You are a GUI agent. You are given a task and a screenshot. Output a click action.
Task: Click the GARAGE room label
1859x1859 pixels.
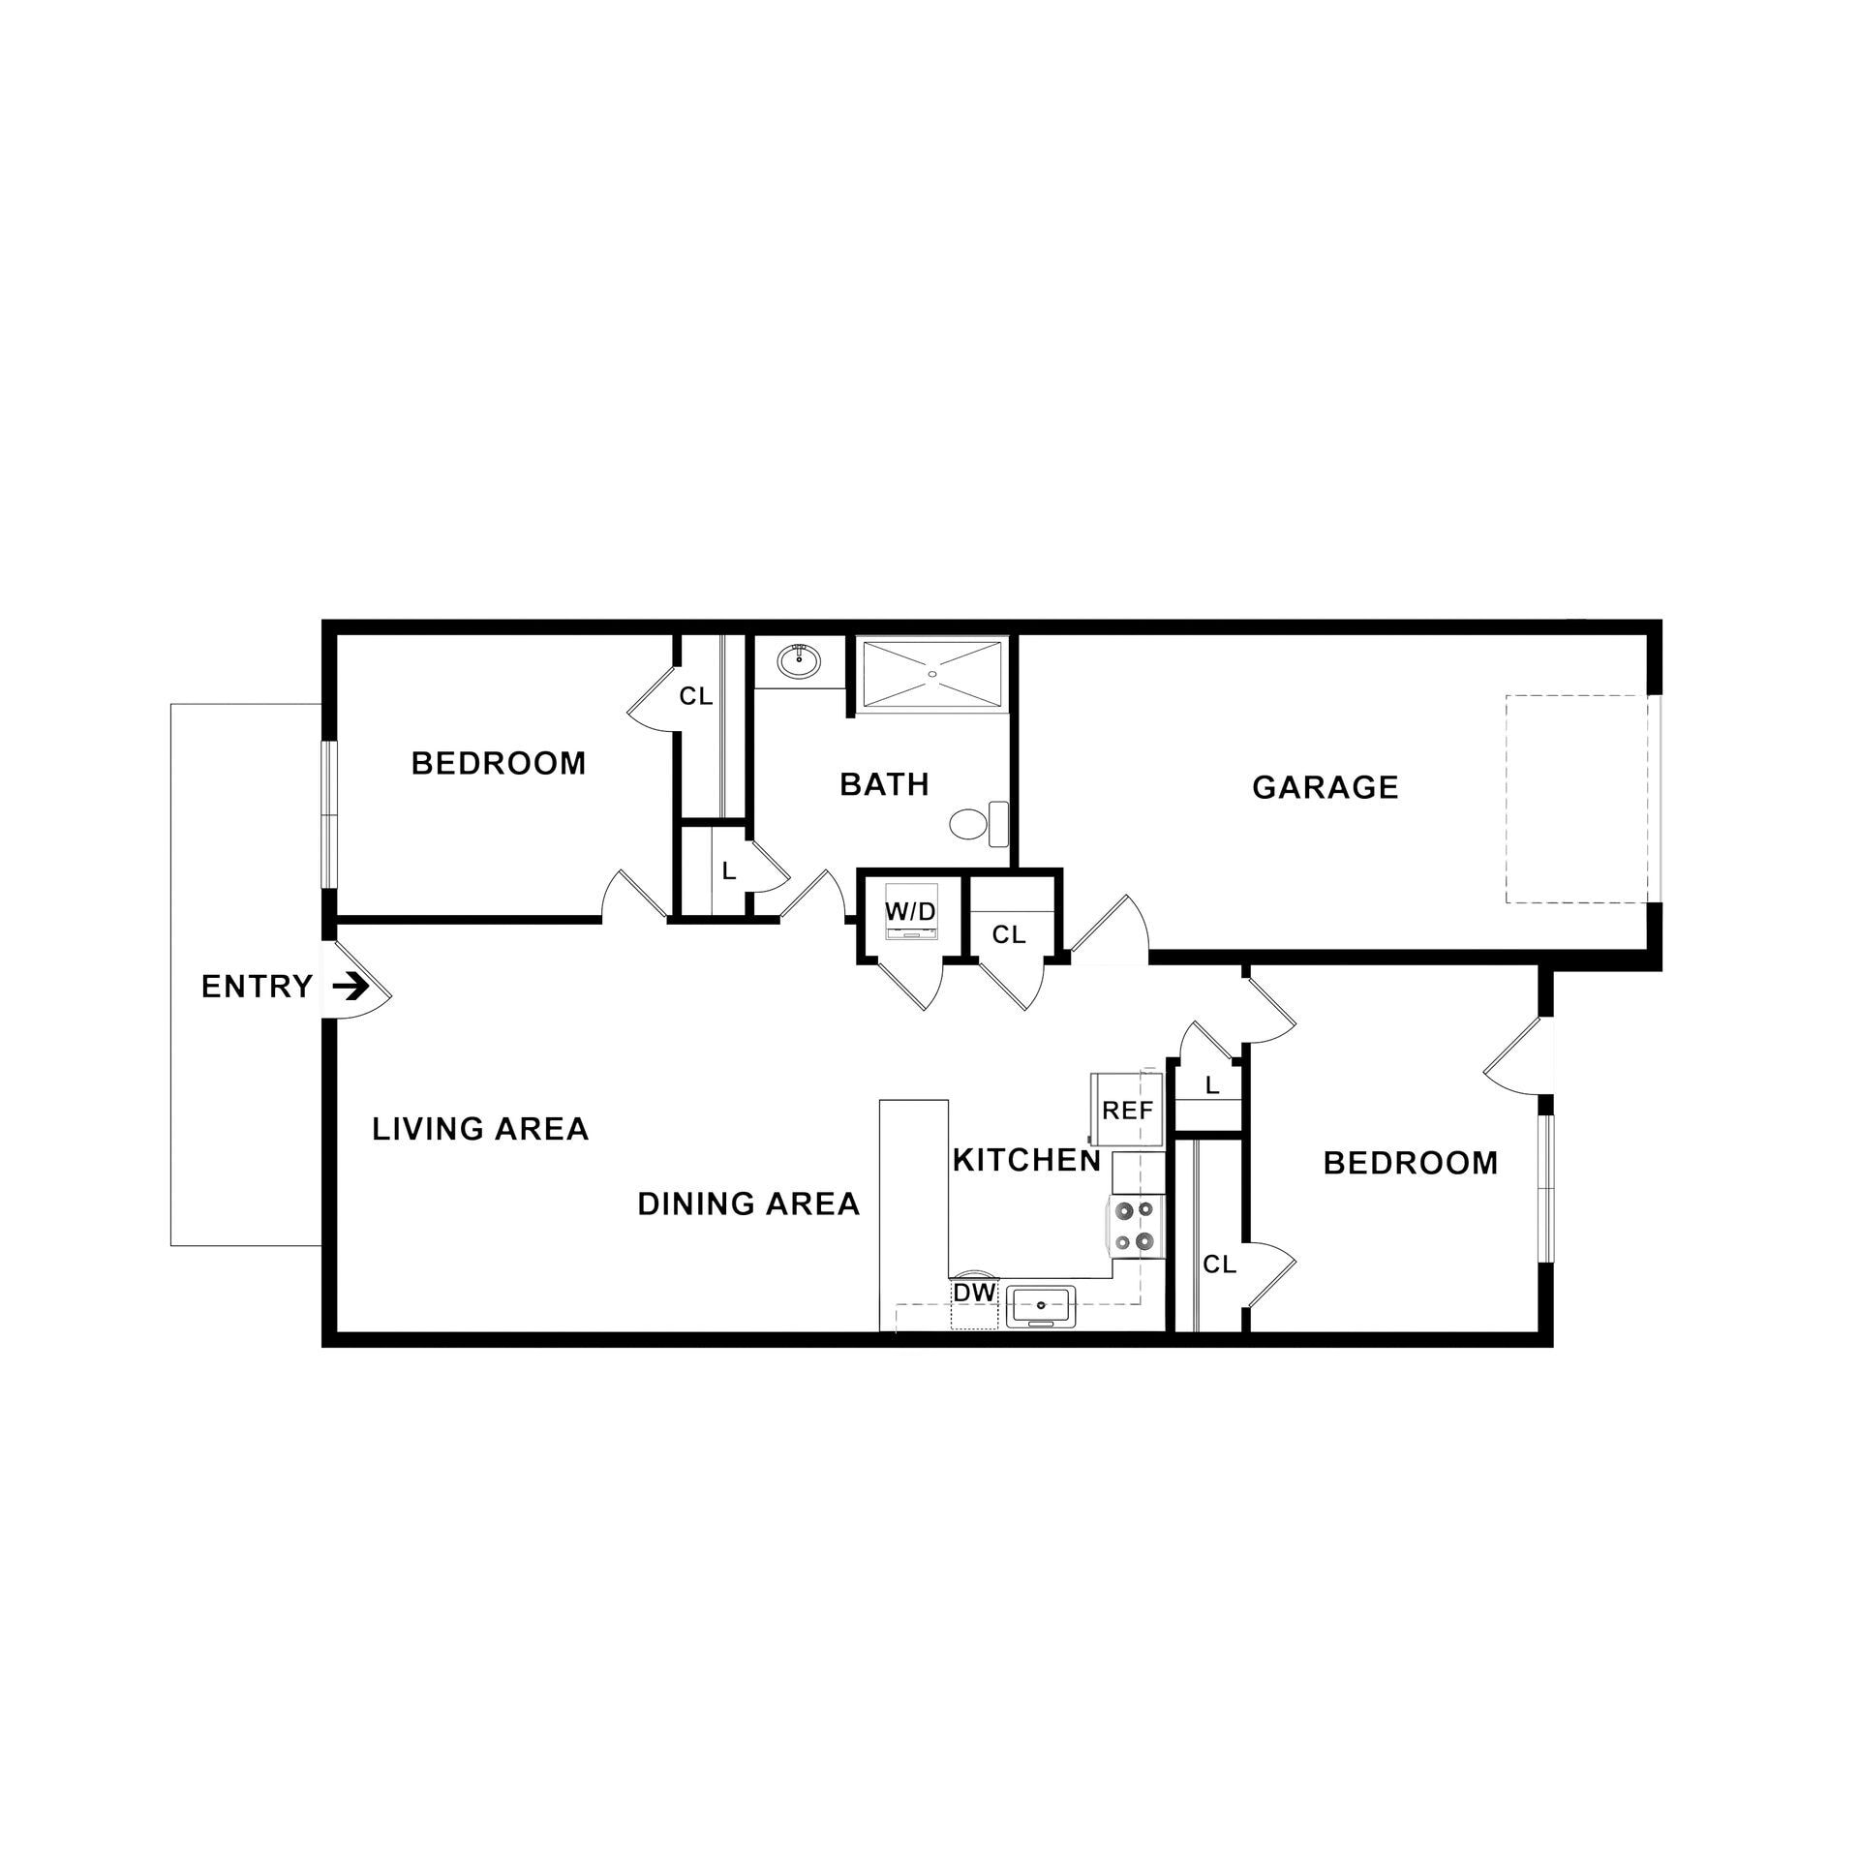[1325, 787]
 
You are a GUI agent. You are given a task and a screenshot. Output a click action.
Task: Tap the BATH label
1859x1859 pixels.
[884, 783]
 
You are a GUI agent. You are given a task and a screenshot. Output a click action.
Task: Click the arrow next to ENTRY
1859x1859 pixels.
[350, 987]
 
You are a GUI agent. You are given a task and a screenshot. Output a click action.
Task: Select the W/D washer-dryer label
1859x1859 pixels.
[911, 912]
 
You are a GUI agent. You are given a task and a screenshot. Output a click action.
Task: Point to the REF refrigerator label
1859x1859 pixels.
[1128, 1111]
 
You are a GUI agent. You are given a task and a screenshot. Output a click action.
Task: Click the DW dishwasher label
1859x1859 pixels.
[974, 1293]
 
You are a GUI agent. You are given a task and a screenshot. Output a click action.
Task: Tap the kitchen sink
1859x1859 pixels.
[1040, 1306]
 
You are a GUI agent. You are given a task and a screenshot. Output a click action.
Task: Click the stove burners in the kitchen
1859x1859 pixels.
[1135, 1225]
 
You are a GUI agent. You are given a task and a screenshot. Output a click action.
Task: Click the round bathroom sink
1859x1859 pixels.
[799, 662]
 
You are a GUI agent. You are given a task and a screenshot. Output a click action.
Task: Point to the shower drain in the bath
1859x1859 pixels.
[931, 673]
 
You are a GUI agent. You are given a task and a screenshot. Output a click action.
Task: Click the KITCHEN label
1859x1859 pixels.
[1027, 1160]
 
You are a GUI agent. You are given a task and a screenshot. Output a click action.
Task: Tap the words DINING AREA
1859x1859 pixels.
[748, 1204]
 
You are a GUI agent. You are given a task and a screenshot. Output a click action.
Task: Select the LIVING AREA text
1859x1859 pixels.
[480, 1128]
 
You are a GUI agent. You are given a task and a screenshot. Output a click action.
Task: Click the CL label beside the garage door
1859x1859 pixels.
[1008, 934]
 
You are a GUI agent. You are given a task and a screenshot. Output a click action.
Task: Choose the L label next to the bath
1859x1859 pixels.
[729, 870]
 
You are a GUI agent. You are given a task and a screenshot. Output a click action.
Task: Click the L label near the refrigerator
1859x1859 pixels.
[1211, 1086]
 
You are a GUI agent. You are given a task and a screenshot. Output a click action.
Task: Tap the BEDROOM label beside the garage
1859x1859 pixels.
[1410, 1163]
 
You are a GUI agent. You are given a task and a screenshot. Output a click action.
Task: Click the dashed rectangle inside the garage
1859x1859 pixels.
[1576, 799]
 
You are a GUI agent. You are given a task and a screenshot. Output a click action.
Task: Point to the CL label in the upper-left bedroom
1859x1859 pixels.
[695, 695]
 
